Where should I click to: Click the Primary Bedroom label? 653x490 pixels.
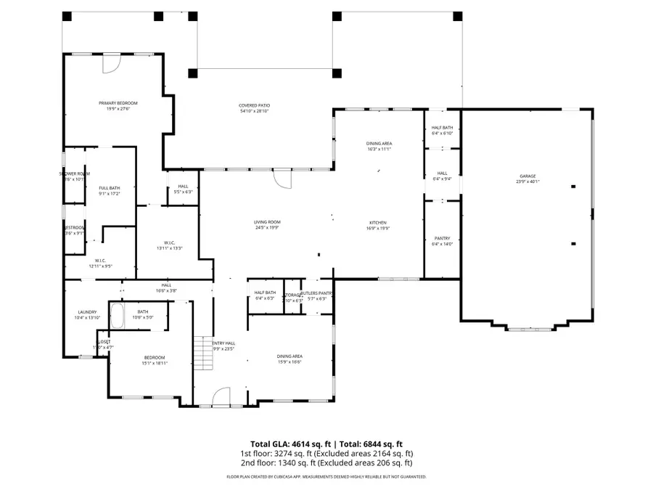coord(118,103)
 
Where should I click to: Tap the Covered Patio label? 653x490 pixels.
coord(255,106)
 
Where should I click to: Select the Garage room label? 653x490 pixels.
coord(527,176)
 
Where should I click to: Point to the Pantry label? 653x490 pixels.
coord(443,238)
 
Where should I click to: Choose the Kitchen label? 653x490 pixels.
coord(377,222)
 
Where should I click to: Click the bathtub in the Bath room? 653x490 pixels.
coord(118,316)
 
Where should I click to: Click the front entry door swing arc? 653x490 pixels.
coord(221,396)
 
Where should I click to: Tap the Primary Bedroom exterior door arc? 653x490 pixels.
coord(111,64)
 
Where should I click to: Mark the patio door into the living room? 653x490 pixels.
coord(282,179)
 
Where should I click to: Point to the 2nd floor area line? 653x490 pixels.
coord(326,462)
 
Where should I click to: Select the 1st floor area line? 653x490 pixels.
coord(326,454)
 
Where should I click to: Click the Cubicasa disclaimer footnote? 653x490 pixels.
coord(326,477)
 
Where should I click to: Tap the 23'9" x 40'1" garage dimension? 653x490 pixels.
coord(527,181)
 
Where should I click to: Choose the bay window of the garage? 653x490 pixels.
coord(527,329)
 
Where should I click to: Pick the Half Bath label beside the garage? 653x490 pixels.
coord(443,128)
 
